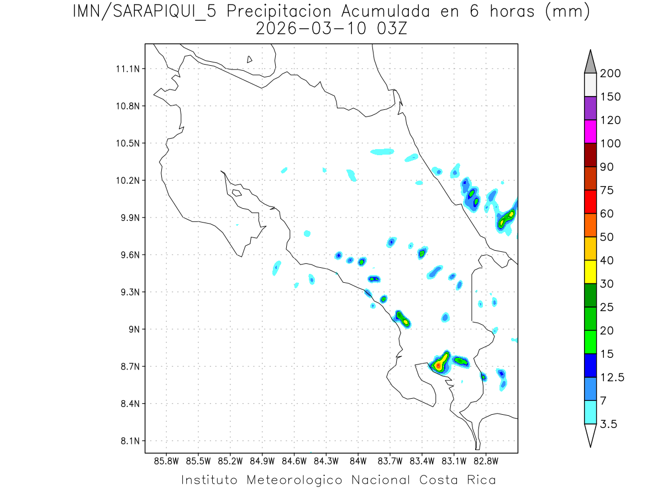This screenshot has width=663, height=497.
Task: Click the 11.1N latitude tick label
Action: pyautogui.click(x=127, y=69)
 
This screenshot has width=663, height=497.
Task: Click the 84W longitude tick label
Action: pyautogui.click(x=358, y=460)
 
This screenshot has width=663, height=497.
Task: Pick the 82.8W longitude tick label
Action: pyautogui.click(x=486, y=460)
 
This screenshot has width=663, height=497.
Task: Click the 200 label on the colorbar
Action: pyautogui.click(x=611, y=73)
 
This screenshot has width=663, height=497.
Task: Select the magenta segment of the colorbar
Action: pyautogui.click(x=590, y=131)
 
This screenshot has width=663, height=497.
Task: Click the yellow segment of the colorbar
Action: pyautogui.click(x=590, y=272)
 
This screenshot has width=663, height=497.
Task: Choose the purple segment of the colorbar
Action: pyautogui.click(x=590, y=108)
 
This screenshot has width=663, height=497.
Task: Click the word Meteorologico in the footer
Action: pyautogui.click(x=294, y=480)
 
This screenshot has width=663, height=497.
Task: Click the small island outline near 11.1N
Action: pyautogui.click(x=250, y=59)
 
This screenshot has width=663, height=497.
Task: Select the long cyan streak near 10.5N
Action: pyautogui.click(x=382, y=151)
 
